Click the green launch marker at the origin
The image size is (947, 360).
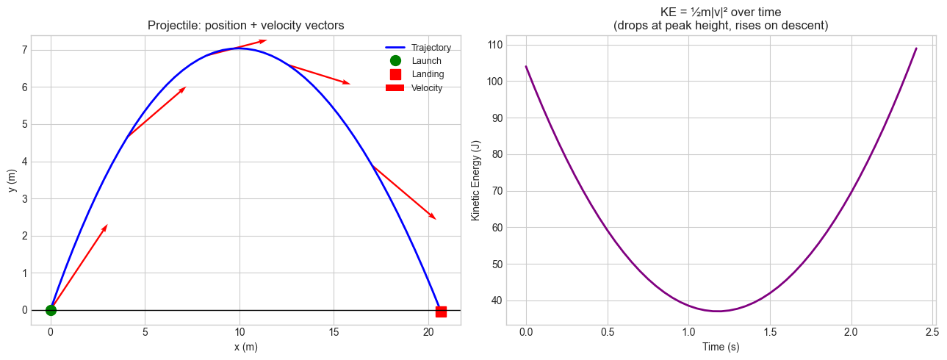coord(51,310)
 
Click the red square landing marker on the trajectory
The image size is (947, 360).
coord(441,312)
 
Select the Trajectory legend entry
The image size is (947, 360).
coord(431,48)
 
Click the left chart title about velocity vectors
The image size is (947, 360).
coord(245,26)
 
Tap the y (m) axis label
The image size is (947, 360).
coord(13,180)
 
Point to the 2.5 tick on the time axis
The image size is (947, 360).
coord(932,333)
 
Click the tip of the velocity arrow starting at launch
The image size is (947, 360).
coord(107,225)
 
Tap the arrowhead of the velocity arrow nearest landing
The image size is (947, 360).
coord(435,218)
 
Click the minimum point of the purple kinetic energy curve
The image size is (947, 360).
coord(717,312)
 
